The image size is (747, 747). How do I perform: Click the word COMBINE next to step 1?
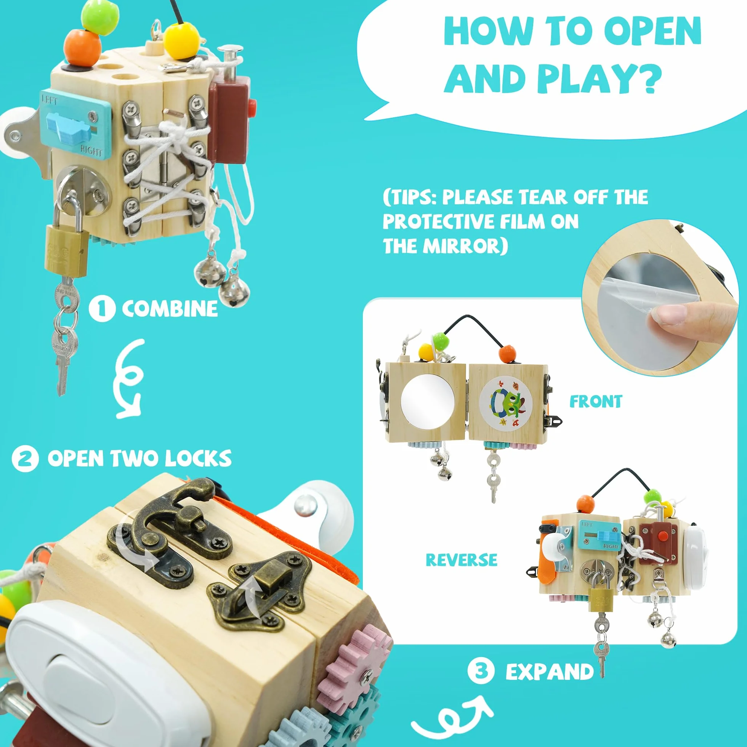(170, 309)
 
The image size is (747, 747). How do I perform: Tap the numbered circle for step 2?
(25, 458)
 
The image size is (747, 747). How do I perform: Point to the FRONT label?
(596, 402)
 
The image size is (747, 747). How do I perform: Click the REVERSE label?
(461, 560)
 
